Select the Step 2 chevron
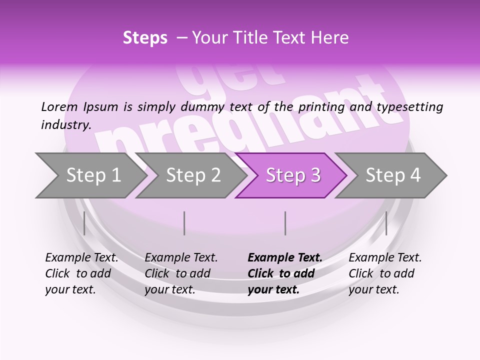click(193, 175)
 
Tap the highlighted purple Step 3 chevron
click(293, 175)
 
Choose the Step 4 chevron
click(393, 175)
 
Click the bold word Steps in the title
click(145, 38)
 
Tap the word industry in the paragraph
click(65, 124)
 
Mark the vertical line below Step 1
click(84, 223)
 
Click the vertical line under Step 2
click(184, 223)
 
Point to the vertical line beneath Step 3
click(285, 223)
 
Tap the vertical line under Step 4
click(386, 223)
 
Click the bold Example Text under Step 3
click(285, 257)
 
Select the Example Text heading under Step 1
click(81, 257)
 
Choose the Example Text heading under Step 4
click(385, 257)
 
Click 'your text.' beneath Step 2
click(170, 289)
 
